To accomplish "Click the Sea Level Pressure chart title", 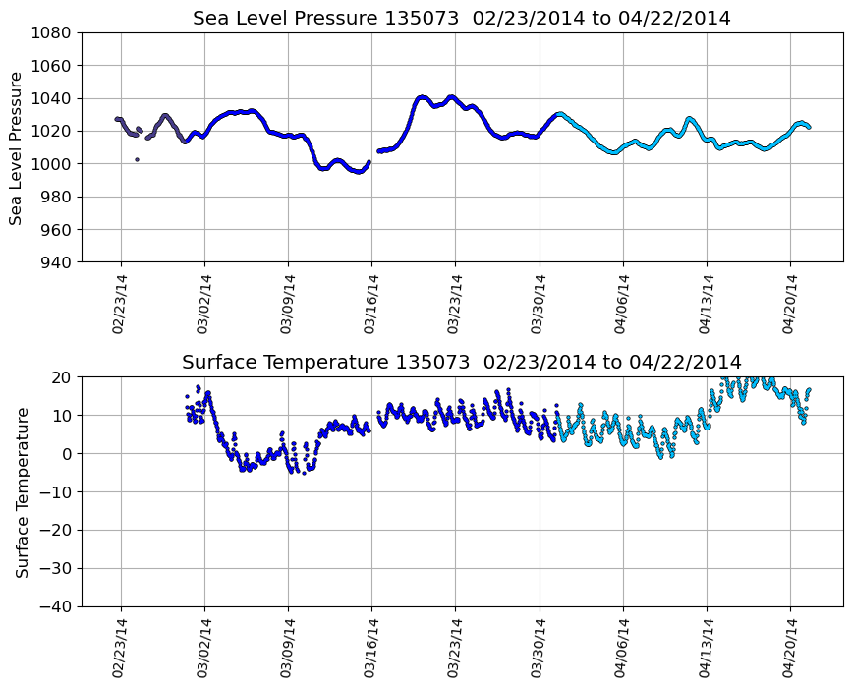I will (x=461, y=19).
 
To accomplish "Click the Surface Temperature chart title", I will (x=461, y=363).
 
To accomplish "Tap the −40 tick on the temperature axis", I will (x=56, y=606).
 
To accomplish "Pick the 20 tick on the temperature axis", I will (x=62, y=377).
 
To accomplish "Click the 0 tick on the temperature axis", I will (x=67, y=454).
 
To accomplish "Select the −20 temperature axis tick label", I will (x=56, y=531).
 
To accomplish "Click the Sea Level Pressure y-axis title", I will (x=17, y=147).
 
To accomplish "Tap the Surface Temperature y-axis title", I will (x=22, y=491).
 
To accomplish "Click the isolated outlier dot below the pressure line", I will (x=137, y=159).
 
